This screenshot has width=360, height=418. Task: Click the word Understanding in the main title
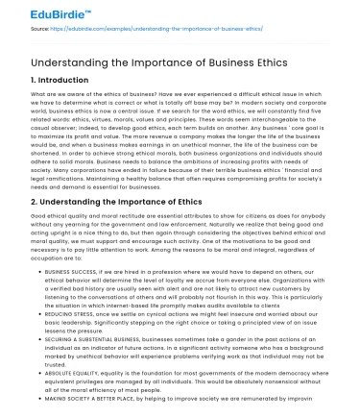(58, 61)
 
